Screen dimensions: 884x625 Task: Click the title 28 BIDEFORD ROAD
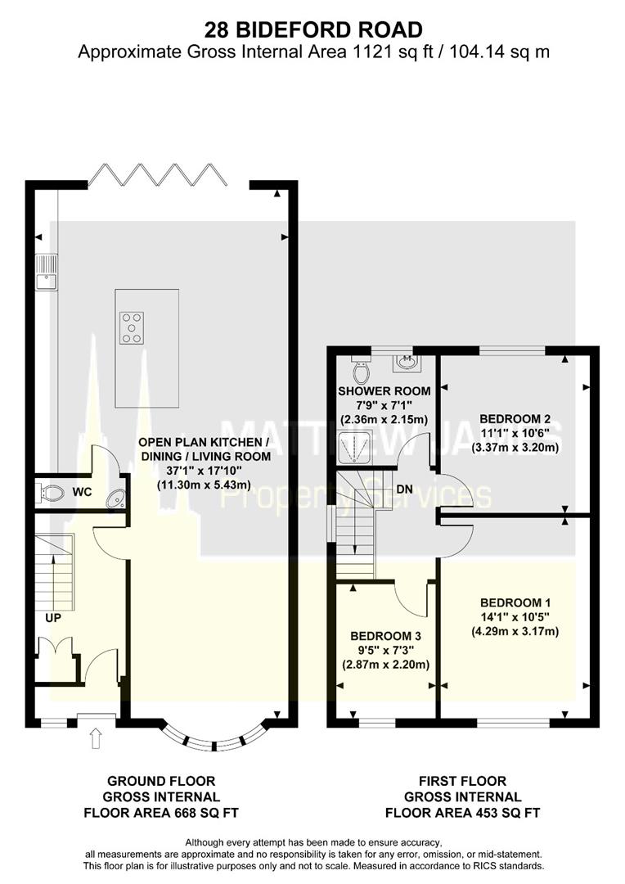click(313, 30)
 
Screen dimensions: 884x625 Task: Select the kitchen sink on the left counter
click(45, 273)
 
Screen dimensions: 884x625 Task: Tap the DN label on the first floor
click(403, 489)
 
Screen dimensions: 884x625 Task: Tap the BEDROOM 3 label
click(385, 635)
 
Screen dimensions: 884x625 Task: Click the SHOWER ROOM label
click(384, 391)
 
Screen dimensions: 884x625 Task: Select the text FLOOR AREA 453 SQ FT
click(463, 813)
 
